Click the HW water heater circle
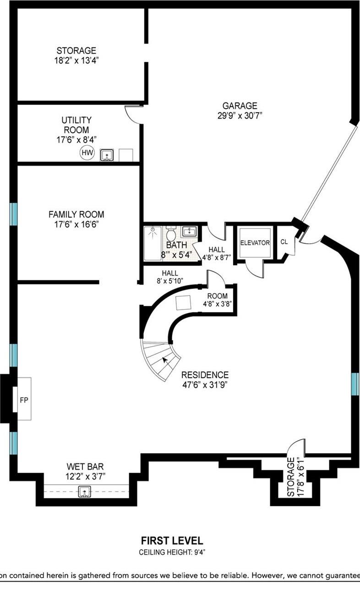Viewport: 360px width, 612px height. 87,153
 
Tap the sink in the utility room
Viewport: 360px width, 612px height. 107,155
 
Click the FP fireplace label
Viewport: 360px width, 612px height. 24,400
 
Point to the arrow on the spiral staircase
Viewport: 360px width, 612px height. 165,361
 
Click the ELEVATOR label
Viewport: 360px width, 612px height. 255,243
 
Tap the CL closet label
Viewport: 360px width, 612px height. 284,242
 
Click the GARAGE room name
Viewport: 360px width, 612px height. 240,106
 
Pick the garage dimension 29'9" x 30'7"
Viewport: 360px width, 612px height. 240,116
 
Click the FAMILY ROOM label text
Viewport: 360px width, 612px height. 76,214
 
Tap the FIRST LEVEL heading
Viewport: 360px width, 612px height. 172,541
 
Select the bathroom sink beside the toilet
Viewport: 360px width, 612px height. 188,232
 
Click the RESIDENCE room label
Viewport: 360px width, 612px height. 205,375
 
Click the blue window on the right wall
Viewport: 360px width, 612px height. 355,384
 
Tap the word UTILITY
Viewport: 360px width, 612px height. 76,120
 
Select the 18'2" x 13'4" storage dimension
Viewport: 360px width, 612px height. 76,60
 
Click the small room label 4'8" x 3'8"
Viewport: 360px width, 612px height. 218,304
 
